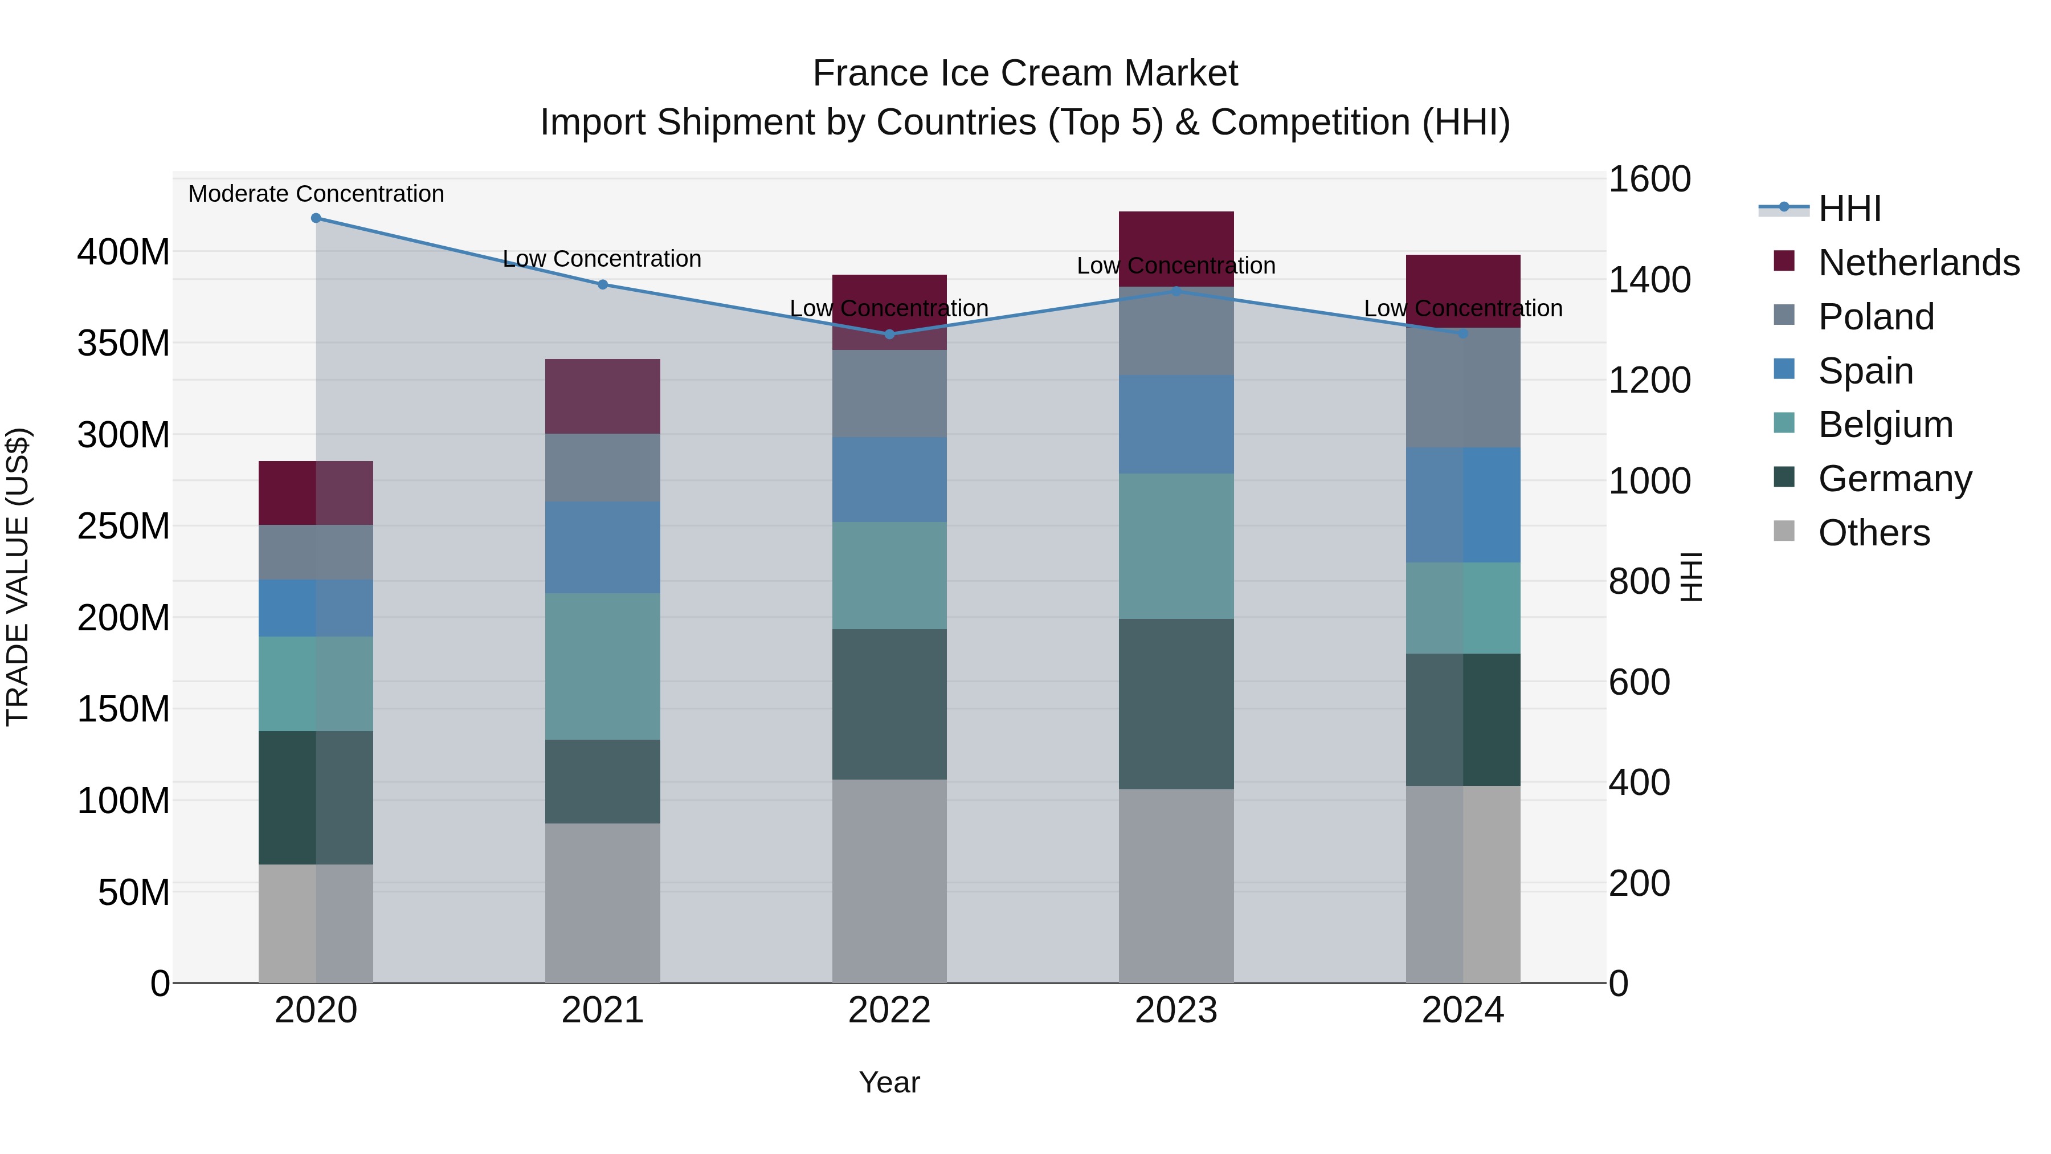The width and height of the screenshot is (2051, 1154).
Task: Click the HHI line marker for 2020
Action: pos(316,218)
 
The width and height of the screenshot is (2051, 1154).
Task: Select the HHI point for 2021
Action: pos(603,284)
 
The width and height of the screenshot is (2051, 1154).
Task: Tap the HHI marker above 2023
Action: pos(1177,291)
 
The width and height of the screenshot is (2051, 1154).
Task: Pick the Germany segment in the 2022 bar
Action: pos(889,704)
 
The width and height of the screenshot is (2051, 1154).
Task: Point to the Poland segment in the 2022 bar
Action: pos(889,393)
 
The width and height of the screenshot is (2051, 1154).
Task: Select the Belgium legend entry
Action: pos(1885,425)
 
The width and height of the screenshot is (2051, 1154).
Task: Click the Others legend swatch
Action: pos(1784,531)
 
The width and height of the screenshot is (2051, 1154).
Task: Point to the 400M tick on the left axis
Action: pos(124,252)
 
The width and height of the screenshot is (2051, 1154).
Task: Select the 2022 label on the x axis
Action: pos(889,1010)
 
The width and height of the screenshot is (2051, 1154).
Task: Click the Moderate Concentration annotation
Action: pos(316,194)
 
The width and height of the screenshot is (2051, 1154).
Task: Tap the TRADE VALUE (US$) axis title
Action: pos(18,577)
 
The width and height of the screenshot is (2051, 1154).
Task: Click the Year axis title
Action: pos(889,1082)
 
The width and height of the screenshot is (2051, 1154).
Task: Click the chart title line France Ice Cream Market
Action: pos(1025,74)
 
